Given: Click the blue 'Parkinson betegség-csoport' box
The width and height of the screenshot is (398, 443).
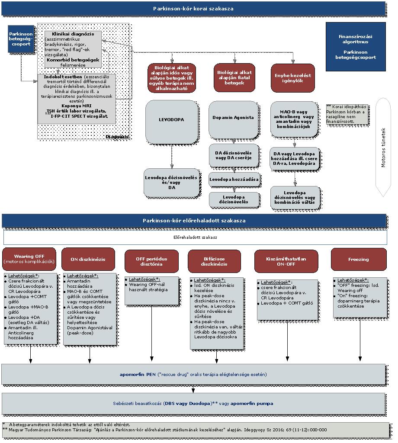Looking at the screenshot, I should [x=21, y=39].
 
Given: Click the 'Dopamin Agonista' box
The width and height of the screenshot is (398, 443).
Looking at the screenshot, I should [x=233, y=118].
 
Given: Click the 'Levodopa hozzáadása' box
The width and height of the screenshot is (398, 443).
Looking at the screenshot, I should [x=234, y=179].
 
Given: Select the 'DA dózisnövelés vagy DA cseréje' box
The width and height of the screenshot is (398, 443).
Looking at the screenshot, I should [x=233, y=156].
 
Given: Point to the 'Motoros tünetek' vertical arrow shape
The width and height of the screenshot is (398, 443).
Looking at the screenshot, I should [x=383, y=147].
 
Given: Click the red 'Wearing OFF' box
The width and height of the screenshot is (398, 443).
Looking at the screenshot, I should [x=29, y=259].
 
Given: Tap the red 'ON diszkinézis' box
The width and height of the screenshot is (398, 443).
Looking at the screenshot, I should [x=88, y=259].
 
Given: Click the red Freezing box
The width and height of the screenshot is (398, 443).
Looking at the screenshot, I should [x=358, y=259].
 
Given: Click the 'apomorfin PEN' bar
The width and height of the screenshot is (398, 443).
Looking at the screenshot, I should [x=193, y=374].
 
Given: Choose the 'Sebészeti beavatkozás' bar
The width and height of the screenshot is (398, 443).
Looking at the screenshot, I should [x=193, y=403].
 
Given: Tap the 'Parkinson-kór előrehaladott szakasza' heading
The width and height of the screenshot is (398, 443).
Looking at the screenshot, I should [x=194, y=221].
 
